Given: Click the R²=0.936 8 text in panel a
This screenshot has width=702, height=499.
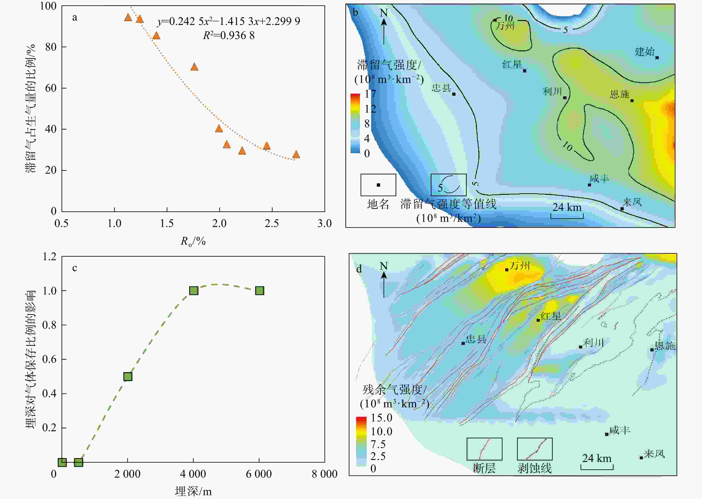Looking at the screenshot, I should pos(229,36).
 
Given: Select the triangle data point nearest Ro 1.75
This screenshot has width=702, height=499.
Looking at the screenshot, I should pos(194,67).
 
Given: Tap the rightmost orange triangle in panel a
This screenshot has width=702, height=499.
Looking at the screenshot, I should pos(296,155).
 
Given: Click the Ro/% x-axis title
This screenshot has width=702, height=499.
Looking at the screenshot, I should pos(193,241).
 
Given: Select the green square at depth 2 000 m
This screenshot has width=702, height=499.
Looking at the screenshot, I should pos(128,376).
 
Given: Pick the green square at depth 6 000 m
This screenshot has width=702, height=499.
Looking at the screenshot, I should pos(259,291).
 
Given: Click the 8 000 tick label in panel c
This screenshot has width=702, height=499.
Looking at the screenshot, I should pos(324,474).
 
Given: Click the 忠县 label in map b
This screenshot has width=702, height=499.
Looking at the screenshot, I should pos(441,88).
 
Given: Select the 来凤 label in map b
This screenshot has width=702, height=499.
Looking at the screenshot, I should pos(632,202).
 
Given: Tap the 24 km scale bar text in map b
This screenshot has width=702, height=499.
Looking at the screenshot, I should pos(567,207).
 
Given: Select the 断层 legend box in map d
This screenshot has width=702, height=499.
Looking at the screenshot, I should pos(484,449).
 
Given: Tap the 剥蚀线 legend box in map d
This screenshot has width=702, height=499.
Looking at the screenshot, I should pos(535,449).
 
